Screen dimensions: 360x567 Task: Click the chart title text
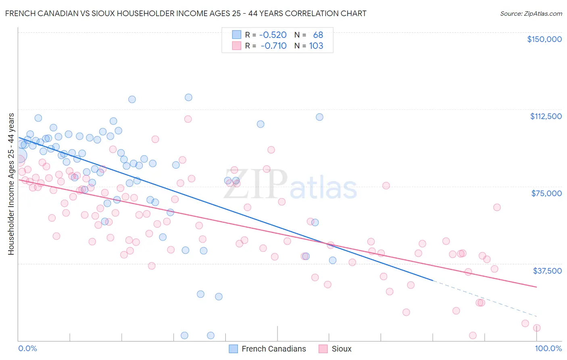coord(186,13)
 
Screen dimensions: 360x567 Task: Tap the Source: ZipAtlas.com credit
coord(531,13)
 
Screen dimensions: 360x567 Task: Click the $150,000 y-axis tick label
coord(544,39)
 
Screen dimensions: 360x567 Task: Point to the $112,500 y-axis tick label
coord(545,116)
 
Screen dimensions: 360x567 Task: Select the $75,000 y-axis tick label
coord(546,193)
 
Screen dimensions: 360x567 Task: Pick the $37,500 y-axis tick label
coord(547,271)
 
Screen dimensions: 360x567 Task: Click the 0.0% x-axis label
coord(27,348)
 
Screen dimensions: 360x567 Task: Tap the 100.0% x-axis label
coord(548,348)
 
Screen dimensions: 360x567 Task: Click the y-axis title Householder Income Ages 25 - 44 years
coord(11,184)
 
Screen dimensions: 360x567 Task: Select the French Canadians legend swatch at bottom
coord(233,349)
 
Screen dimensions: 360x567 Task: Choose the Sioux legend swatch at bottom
coord(323,349)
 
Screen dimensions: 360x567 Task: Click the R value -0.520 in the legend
coord(273,35)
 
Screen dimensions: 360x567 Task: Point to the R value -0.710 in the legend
coord(274,46)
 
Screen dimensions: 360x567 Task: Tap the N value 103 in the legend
coord(316,46)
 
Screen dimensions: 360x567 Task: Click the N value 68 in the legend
coord(318,35)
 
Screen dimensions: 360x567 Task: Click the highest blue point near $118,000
coord(188,97)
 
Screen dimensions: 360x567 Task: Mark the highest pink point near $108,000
coord(188,119)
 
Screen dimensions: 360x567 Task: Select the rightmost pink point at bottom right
coord(537,328)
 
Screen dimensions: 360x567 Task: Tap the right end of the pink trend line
coord(536,287)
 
